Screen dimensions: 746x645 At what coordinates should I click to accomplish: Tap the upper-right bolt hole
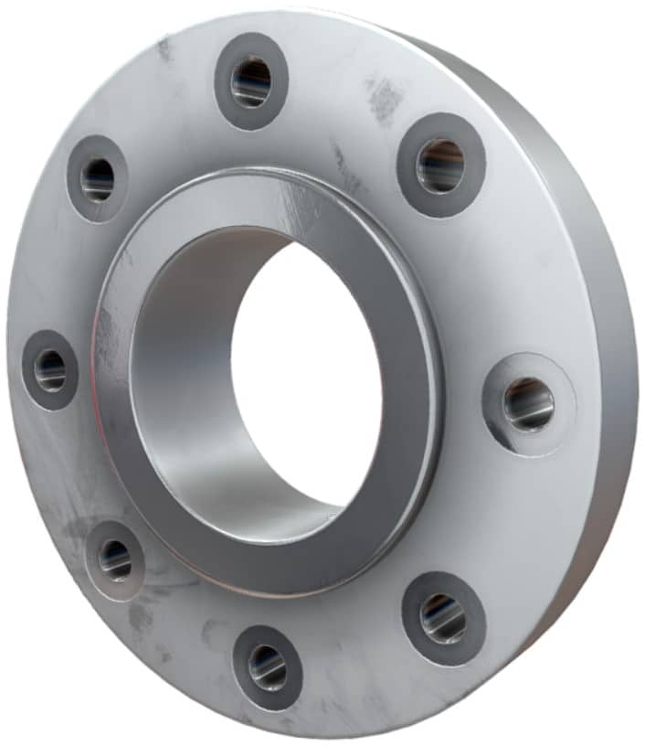click(x=440, y=165)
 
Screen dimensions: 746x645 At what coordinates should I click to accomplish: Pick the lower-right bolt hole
click(x=444, y=618)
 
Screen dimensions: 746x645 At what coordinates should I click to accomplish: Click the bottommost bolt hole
click(x=267, y=666)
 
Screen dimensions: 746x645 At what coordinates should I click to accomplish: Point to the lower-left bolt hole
click(x=115, y=559)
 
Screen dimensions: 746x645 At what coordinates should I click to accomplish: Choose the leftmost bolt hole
click(x=50, y=369)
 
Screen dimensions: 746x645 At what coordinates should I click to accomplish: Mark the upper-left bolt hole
click(x=97, y=178)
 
